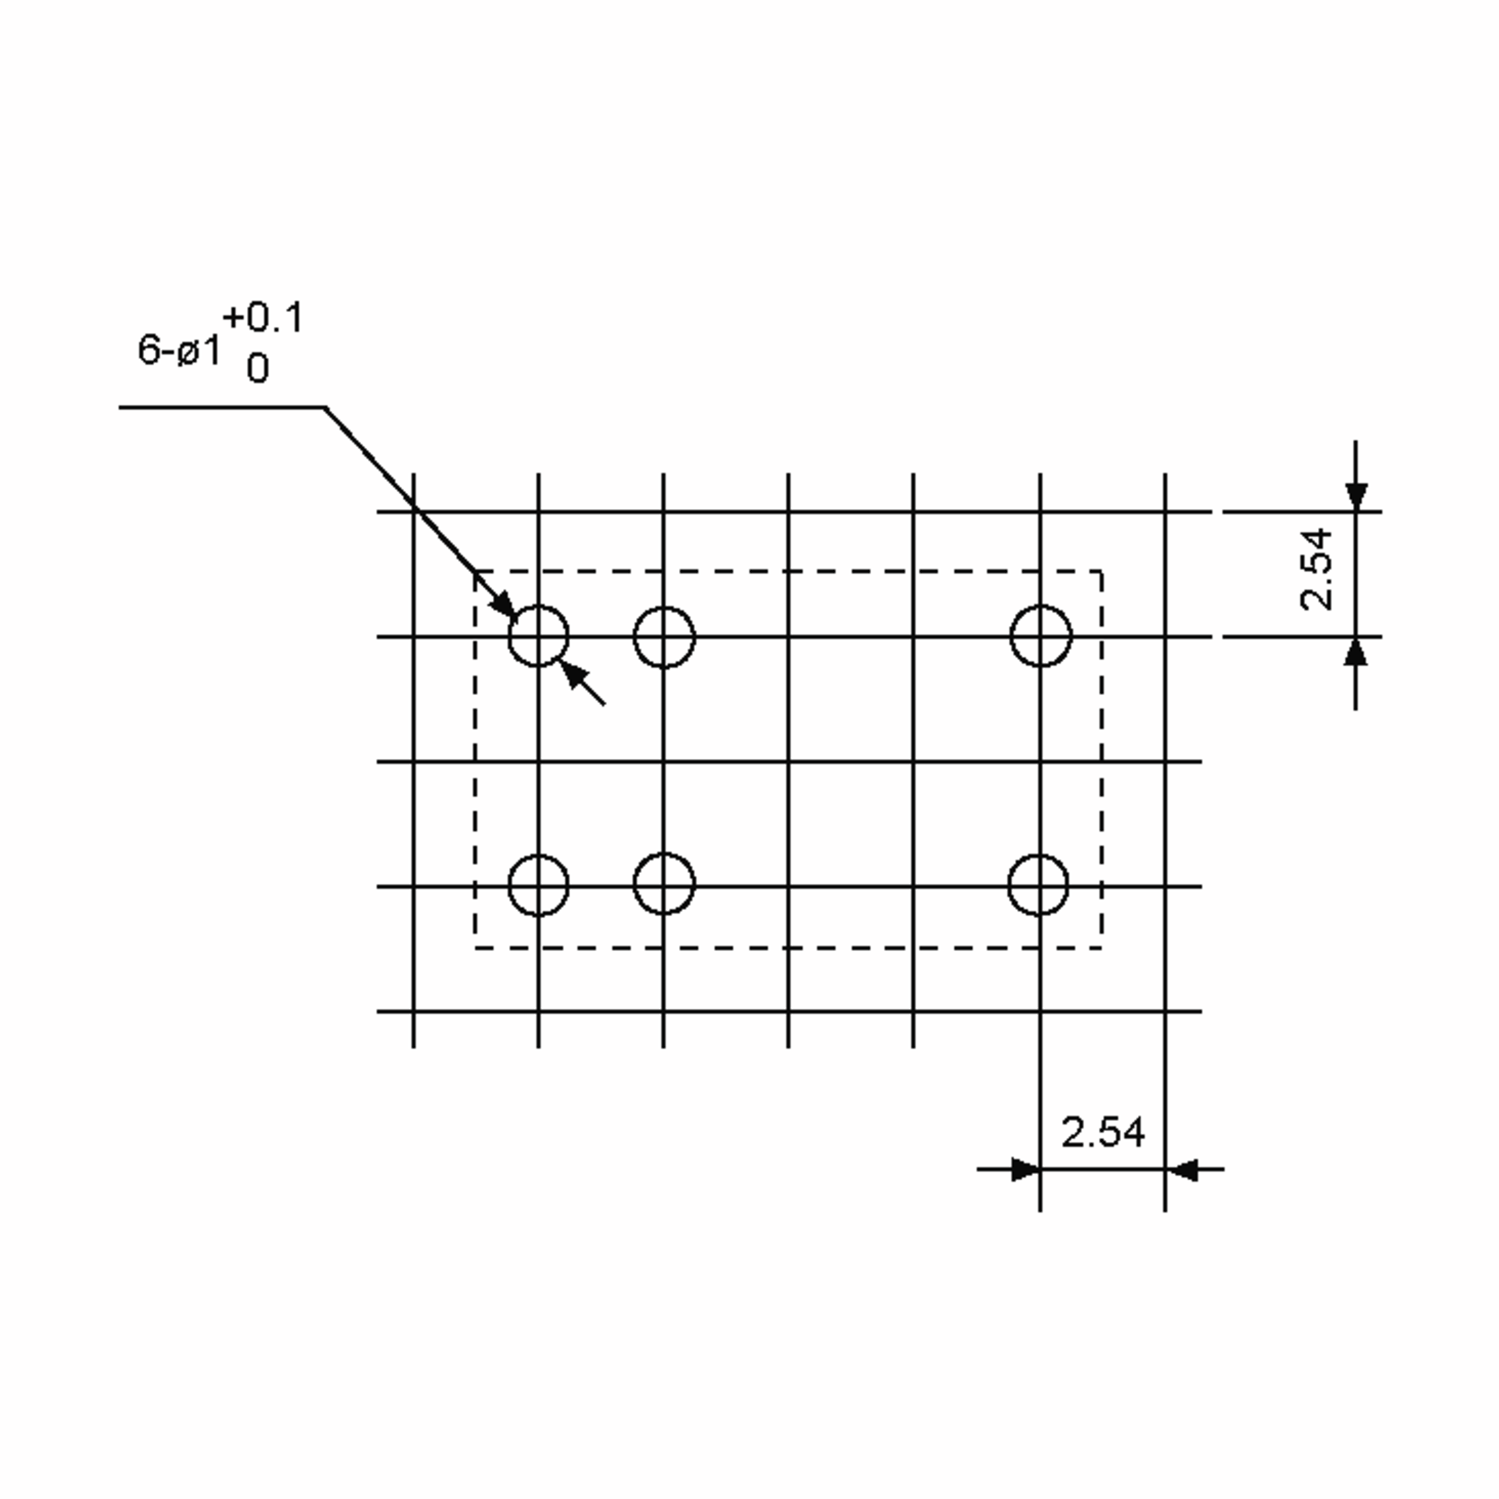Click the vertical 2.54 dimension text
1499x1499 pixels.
[x=1317, y=570]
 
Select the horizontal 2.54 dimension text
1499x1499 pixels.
[x=1102, y=1132]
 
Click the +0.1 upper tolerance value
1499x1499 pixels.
[x=263, y=318]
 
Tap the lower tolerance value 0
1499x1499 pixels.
[x=257, y=368]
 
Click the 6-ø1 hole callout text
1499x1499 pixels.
[x=179, y=350]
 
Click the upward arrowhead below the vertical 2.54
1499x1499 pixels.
[x=1355, y=651]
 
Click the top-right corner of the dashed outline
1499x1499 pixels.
[x=1102, y=571]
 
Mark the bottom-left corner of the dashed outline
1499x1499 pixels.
[x=475, y=948]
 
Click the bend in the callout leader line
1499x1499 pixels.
[x=324, y=407]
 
